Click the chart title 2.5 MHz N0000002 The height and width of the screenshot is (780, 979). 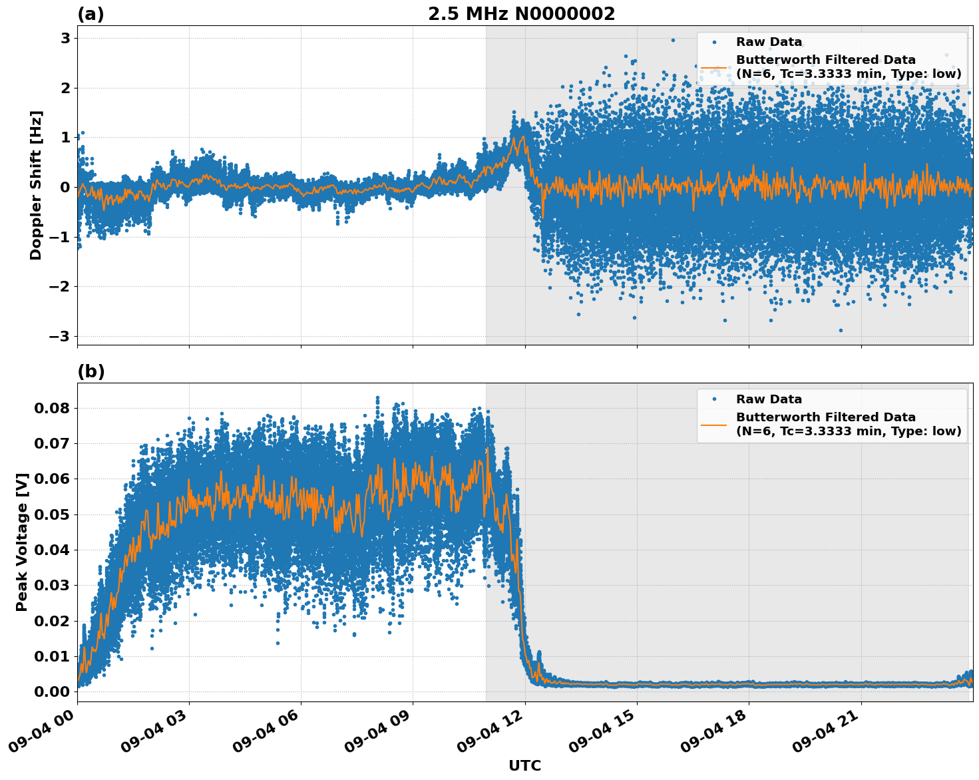(521, 14)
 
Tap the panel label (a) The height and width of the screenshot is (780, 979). (91, 14)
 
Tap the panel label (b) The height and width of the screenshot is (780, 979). (91, 371)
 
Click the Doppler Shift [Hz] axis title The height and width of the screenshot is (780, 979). (36, 185)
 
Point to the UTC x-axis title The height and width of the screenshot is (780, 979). (524, 765)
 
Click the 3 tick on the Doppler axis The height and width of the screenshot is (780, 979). (65, 39)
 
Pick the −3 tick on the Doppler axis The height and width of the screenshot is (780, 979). (60, 337)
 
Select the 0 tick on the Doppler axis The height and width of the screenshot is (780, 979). (65, 188)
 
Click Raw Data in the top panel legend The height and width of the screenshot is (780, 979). (769, 43)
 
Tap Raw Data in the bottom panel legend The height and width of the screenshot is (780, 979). (769, 399)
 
